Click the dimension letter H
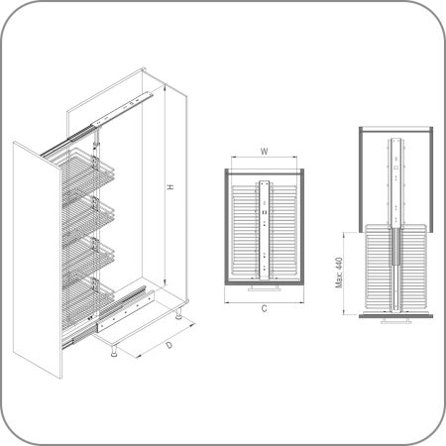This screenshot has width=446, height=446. [x=170, y=187]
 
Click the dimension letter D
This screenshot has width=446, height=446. [x=169, y=345]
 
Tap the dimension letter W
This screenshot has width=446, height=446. [x=264, y=152]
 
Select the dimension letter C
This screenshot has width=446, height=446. [x=264, y=309]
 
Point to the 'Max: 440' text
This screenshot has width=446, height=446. [x=339, y=273]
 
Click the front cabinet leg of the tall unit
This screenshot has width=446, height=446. [x=114, y=351]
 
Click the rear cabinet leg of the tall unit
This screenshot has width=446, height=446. [x=178, y=314]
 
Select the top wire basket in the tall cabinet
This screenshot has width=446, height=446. [x=87, y=171]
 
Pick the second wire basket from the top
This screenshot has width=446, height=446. [x=87, y=216]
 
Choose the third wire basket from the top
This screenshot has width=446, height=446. [x=87, y=256]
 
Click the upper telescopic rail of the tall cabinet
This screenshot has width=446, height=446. [x=97, y=124]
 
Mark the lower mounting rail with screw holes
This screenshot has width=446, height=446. [x=126, y=310]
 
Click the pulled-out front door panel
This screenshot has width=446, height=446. [x=38, y=260]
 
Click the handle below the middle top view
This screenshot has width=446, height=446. [x=265, y=288]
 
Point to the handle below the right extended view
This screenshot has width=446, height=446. [x=396, y=321]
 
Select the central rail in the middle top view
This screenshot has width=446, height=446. [x=265, y=230]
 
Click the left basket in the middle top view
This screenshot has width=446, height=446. [x=245, y=230]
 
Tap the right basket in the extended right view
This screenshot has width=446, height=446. [x=413, y=268]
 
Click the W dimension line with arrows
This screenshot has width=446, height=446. [x=264, y=158]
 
